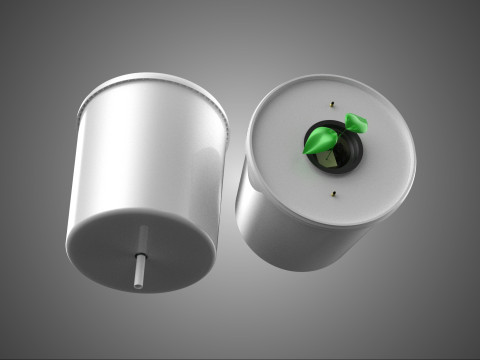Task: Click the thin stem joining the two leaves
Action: (x=340, y=132)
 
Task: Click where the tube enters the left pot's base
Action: (x=142, y=230)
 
